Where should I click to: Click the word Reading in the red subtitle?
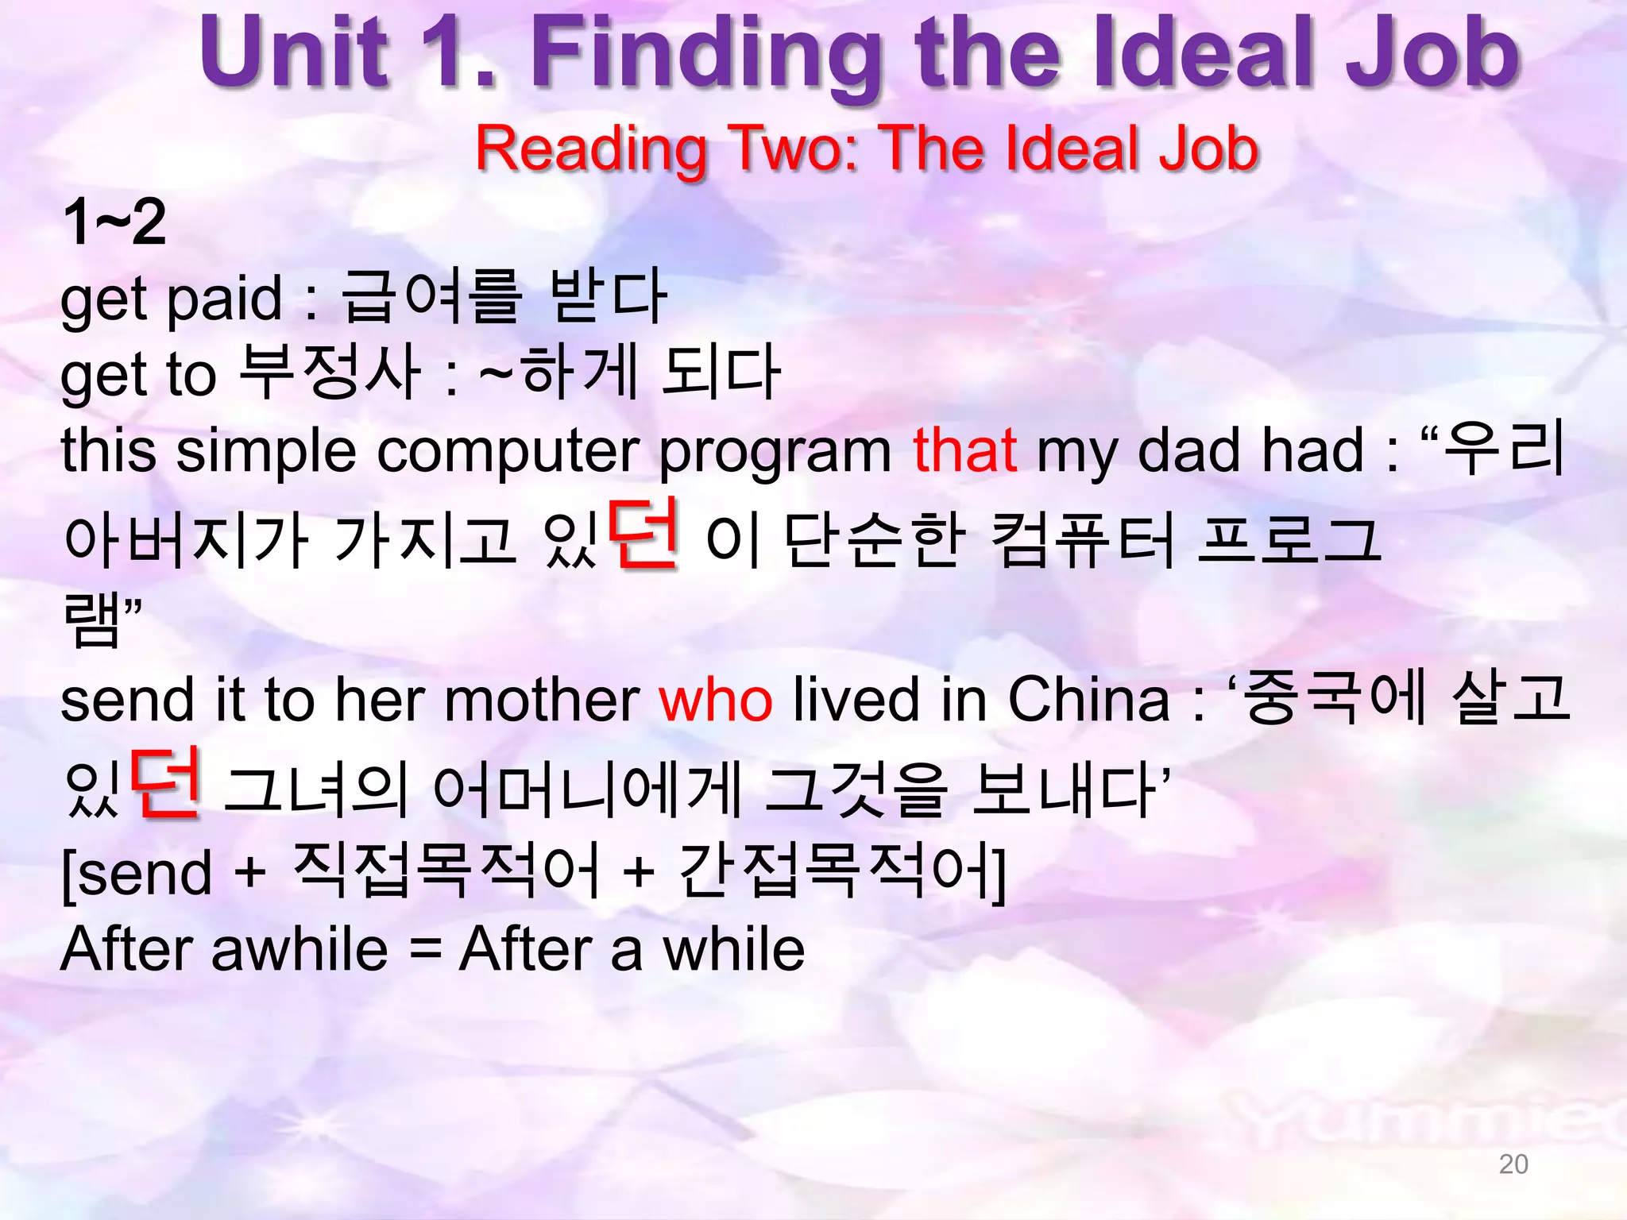click(x=591, y=149)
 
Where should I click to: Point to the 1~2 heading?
click(x=114, y=222)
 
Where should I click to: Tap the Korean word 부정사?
click(x=329, y=373)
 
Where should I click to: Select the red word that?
click(x=964, y=450)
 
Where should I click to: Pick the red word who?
click(x=716, y=700)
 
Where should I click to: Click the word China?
click(x=1088, y=699)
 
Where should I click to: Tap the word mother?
click(x=542, y=700)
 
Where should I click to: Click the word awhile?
click(x=300, y=949)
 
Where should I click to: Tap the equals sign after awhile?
click(x=425, y=950)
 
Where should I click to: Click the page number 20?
click(x=1513, y=1164)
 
